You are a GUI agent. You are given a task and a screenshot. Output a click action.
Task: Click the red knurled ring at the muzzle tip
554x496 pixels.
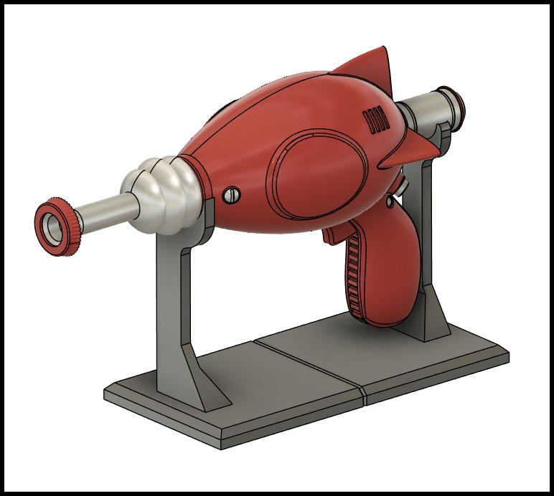coord(67,238)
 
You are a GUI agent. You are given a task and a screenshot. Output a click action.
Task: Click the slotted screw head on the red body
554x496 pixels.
coord(231,194)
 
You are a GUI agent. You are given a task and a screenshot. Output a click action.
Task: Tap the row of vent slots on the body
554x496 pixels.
coord(377,120)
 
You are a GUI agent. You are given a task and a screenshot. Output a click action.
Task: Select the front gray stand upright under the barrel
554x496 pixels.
coord(172,301)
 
